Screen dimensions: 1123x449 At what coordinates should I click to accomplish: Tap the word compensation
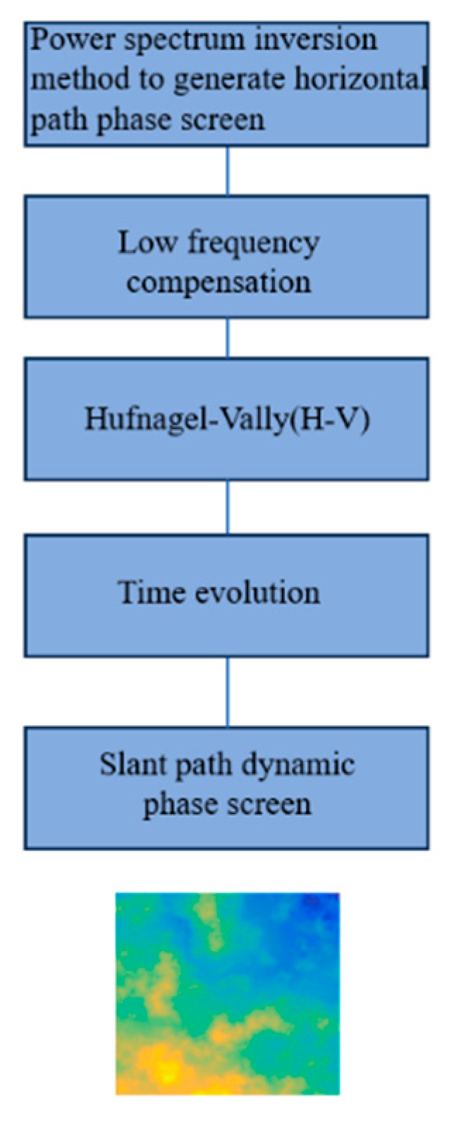219,283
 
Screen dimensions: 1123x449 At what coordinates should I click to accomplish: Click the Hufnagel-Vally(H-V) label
227,419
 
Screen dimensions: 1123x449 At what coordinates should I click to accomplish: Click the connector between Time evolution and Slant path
227,692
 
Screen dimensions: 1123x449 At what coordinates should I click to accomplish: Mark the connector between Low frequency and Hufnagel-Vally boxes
227,338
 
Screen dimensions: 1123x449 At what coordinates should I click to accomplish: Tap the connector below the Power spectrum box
227,171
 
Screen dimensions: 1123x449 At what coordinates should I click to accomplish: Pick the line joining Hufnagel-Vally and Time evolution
227,508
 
